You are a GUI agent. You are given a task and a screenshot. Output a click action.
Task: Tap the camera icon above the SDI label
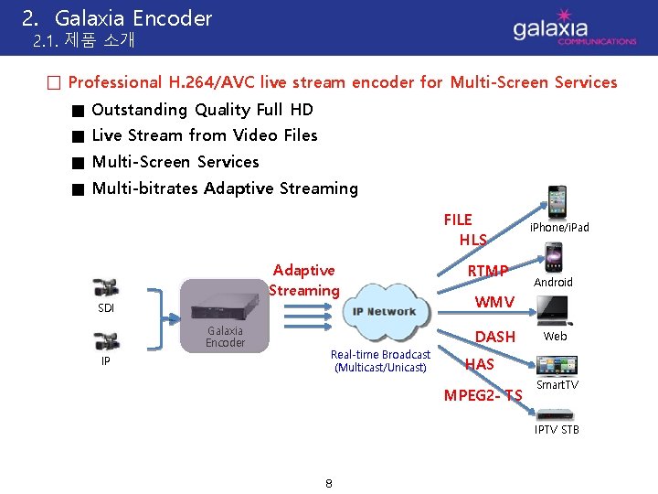pos(106,287)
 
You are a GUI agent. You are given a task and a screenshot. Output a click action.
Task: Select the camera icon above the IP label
pos(106,341)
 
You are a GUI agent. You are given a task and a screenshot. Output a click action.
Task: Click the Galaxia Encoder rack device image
pos(224,305)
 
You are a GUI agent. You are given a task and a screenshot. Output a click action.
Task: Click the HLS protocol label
pos(472,240)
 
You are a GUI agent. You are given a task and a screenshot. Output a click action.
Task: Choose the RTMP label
pos(487,271)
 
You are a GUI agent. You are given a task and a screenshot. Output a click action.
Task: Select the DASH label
pos(495,337)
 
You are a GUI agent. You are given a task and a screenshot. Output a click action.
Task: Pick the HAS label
pos(480,364)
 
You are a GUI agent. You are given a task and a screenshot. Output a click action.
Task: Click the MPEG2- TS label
pos(483,395)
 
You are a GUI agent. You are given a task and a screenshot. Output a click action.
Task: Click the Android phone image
pos(553,257)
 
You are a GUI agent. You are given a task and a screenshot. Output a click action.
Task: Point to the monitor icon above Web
pos(554,313)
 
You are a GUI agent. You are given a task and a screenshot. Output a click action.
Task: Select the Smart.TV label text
pos(557,385)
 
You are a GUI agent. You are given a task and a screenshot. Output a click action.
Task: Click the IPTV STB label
pos(557,429)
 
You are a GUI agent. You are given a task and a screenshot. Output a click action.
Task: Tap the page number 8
pos(328,483)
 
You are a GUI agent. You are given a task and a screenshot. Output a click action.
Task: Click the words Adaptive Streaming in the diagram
pos(303,280)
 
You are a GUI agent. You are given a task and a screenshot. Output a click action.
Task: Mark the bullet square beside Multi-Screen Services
pos(80,163)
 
